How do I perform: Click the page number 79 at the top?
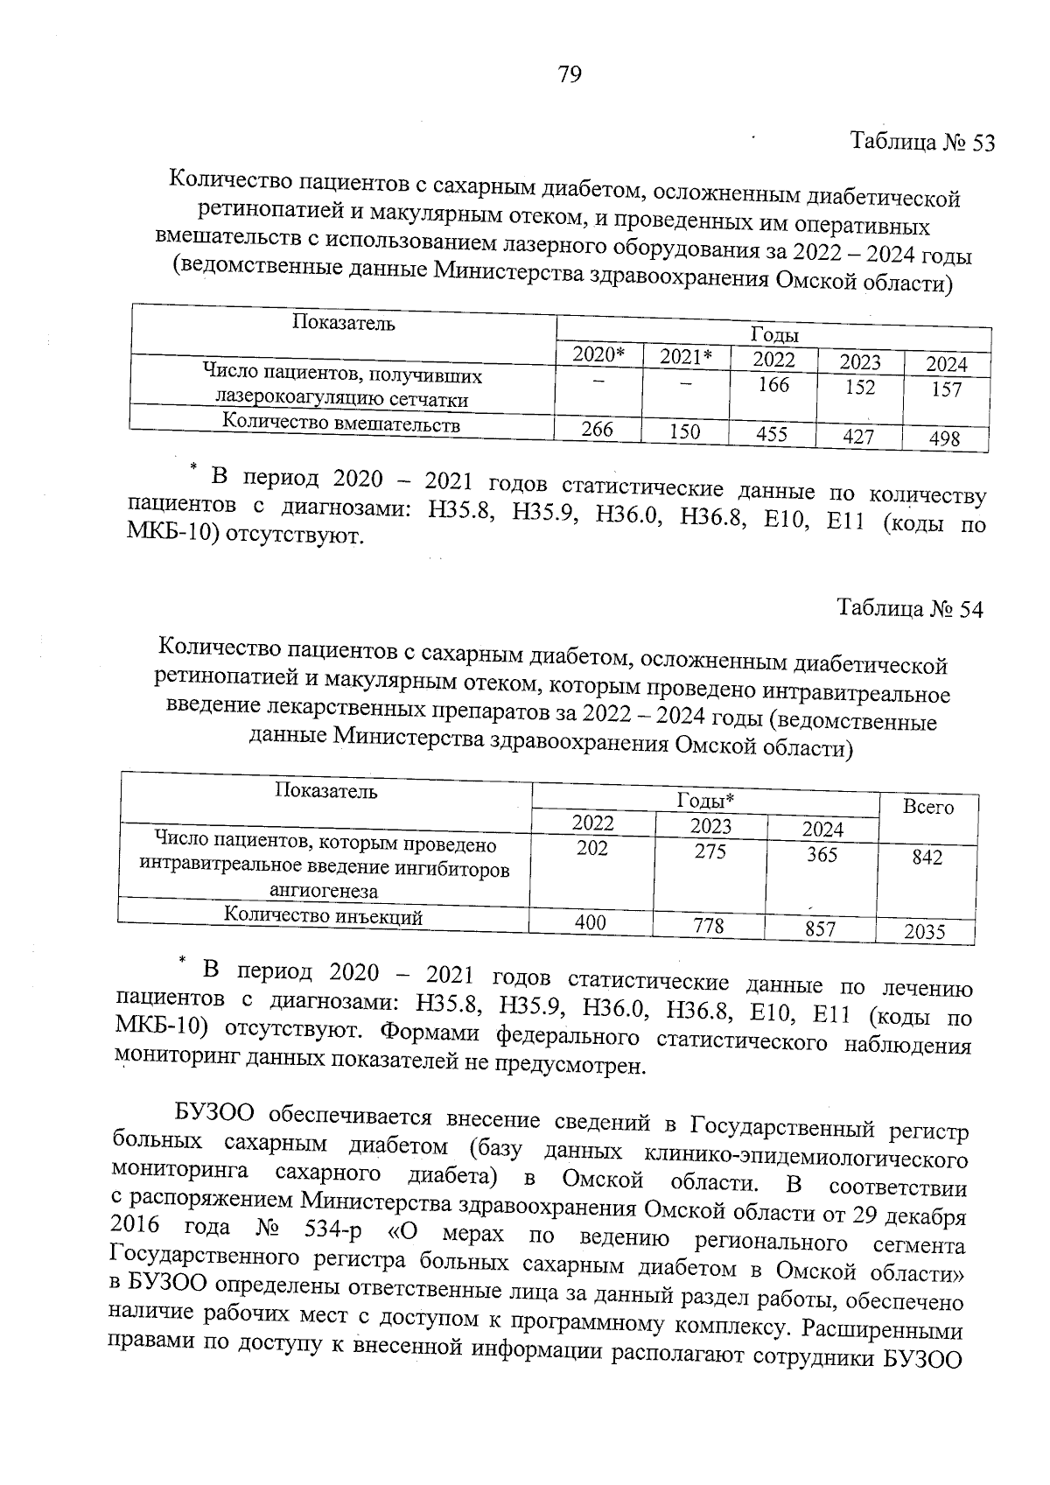[569, 75]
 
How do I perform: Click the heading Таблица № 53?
[923, 143]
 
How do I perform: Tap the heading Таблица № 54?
[910, 609]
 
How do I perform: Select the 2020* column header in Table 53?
[598, 354]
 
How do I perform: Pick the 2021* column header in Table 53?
[686, 356]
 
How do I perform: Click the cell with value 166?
[773, 384]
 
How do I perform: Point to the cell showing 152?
[860, 387]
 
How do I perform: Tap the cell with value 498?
[945, 438]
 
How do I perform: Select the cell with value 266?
[598, 430]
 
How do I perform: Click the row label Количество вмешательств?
[341, 424]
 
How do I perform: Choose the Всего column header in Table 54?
[928, 808]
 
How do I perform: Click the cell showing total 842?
[927, 858]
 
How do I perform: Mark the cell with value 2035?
[925, 932]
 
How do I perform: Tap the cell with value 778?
[710, 926]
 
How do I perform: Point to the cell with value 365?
[822, 854]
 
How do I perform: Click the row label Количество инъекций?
[324, 916]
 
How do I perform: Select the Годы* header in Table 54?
[705, 801]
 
